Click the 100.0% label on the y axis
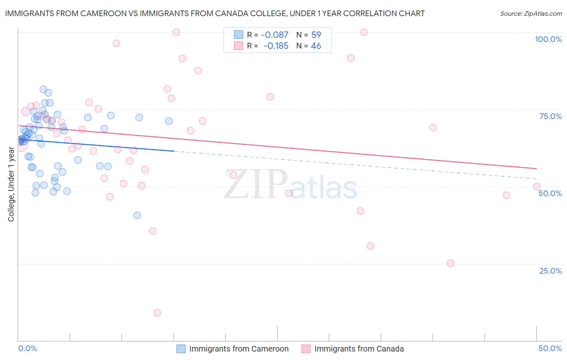[548, 39]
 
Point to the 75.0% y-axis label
[550, 116]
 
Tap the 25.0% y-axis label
[550, 271]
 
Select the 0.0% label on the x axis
[27, 348]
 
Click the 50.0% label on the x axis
[550, 348]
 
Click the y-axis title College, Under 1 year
[11, 184]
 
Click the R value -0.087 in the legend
[275, 35]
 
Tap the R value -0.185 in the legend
[275, 46]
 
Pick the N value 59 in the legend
[316, 35]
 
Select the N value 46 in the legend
[316, 46]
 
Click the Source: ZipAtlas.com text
[531, 14]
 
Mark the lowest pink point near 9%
[157, 313]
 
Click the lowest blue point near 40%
[137, 216]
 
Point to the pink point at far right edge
[537, 186]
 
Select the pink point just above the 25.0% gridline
[450, 264]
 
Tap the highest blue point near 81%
[43, 90]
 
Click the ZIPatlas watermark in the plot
[290, 184]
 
